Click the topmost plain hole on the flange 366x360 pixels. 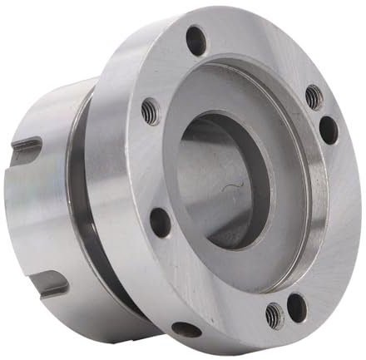(x=195, y=39)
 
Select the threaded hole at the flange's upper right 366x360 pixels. (x=313, y=97)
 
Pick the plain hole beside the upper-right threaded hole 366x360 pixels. (x=329, y=130)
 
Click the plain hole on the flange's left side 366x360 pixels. (x=158, y=221)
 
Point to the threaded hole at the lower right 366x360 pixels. (x=274, y=314)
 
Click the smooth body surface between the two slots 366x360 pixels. (x=37, y=216)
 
